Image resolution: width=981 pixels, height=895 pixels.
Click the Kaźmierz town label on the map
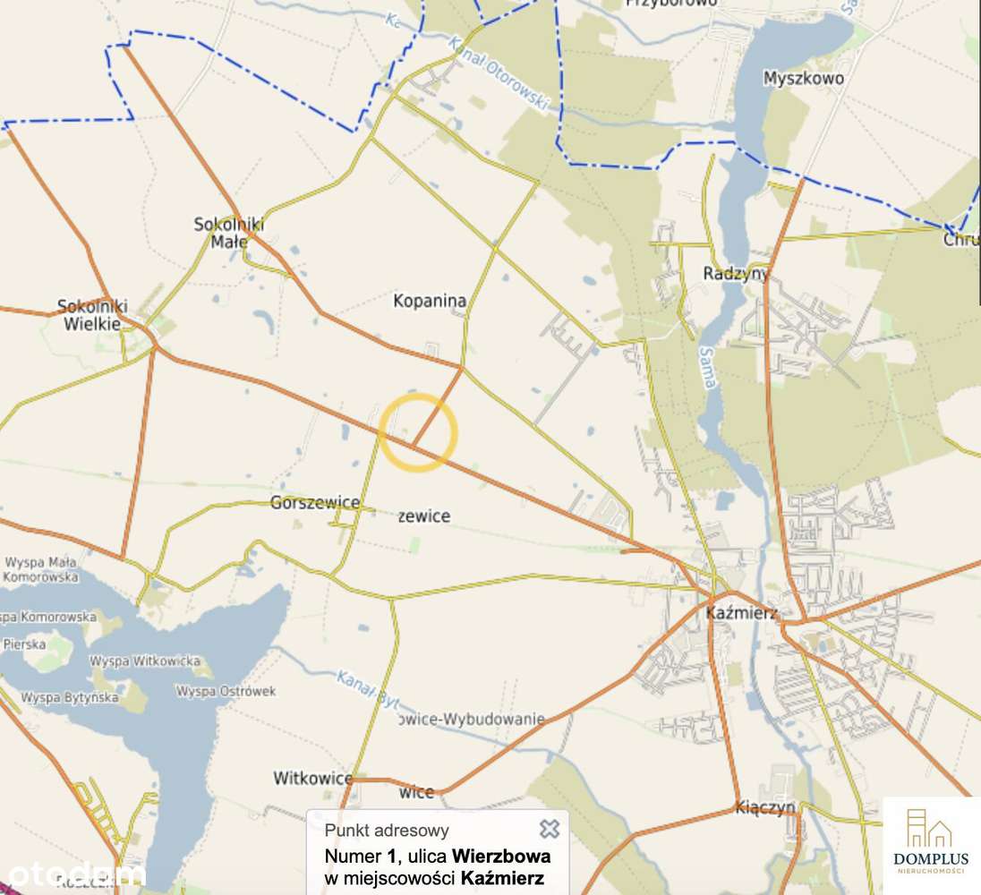click(x=740, y=614)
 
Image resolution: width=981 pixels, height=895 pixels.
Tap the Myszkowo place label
click(x=804, y=79)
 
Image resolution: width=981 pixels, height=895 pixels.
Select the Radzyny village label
click(x=737, y=273)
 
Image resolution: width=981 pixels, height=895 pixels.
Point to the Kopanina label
click(x=430, y=302)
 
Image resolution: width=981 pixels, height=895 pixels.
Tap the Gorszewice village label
click(x=315, y=503)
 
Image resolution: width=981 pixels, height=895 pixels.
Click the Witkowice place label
click(x=313, y=779)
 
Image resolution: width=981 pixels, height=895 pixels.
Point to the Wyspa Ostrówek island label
click(x=226, y=692)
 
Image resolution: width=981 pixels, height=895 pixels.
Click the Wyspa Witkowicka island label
click(x=146, y=661)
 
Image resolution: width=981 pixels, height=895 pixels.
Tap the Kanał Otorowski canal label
click(x=498, y=73)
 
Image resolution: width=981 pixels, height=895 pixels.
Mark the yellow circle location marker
click(x=419, y=431)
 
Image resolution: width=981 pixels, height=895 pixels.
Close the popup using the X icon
click(x=550, y=829)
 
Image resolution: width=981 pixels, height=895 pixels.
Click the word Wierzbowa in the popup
click(x=501, y=857)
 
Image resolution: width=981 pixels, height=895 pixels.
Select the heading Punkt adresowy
click(x=387, y=831)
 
